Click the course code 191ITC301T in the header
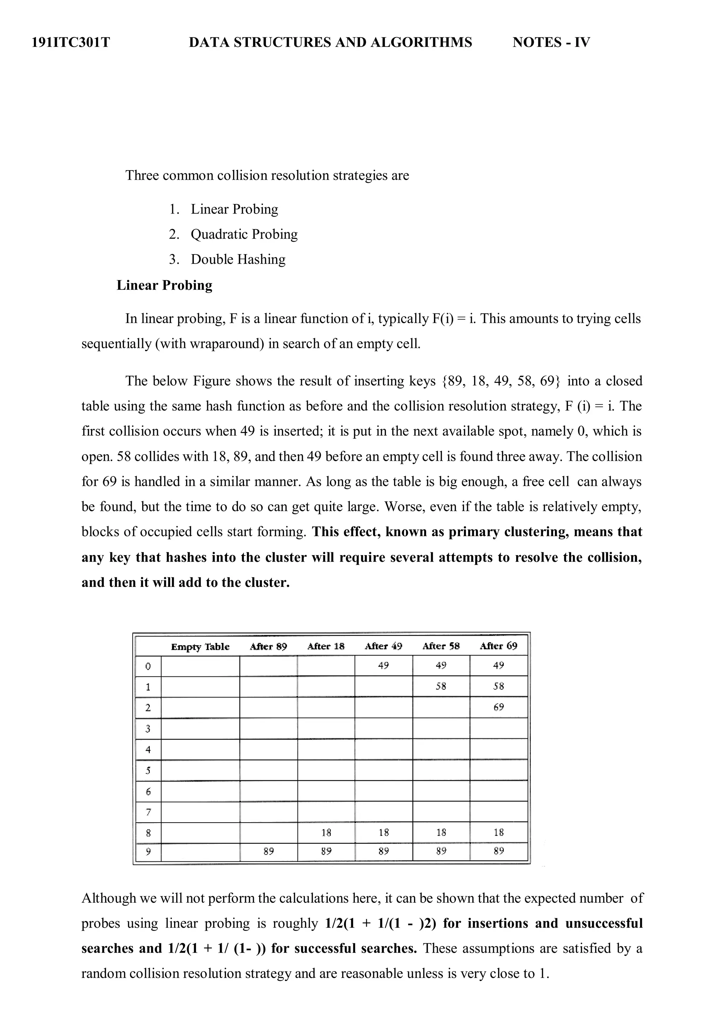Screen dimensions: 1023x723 click(x=71, y=42)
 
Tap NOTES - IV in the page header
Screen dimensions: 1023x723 click(x=551, y=42)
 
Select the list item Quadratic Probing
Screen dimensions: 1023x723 click(x=244, y=234)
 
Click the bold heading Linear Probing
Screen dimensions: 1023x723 click(x=164, y=285)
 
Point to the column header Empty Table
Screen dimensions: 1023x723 click(x=200, y=646)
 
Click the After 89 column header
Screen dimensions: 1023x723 click(x=268, y=646)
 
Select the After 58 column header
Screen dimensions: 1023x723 click(x=441, y=646)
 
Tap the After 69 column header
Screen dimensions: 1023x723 click(x=498, y=646)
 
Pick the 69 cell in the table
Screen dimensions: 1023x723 click(x=498, y=707)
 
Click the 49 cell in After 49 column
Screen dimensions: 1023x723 click(x=383, y=666)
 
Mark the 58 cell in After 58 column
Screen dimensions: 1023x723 click(x=441, y=686)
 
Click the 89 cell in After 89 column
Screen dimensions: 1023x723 click(x=268, y=852)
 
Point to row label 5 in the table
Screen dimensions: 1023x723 click(x=148, y=770)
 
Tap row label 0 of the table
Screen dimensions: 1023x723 click(x=148, y=666)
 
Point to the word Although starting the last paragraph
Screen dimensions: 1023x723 click(x=108, y=898)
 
